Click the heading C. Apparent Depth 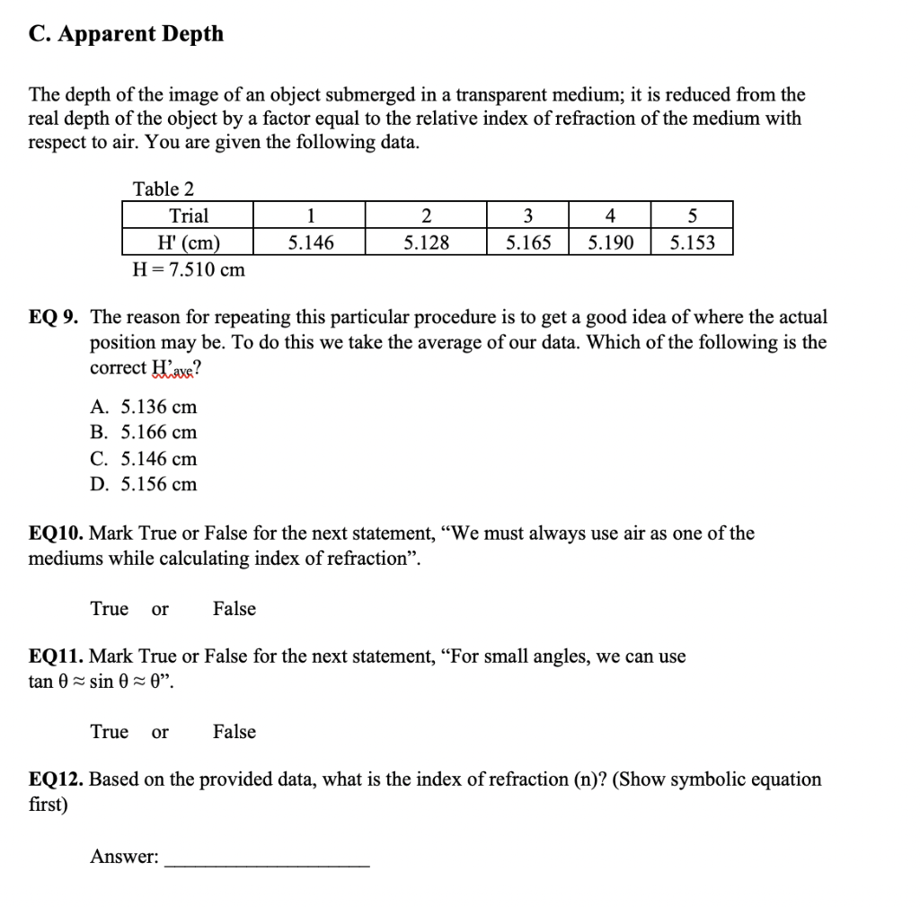pyautogui.click(x=127, y=34)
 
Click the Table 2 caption pyautogui.click(x=164, y=189)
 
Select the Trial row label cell pyautogui.click(x=188, y=216)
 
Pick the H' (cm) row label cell pyautogui.click(x=188, y=242)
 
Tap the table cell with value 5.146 pyautogui.click(x=309, y=242)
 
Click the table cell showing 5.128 pyautogui.click(x=426, y=242)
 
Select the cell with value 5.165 pyautogui.click(x=527, y=242)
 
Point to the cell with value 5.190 pyautogui.click(x=609, y=242)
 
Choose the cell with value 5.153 pyautogui.click(x=692, y=242)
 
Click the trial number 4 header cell pyautogui.click(x=609, y=216)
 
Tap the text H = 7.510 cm pyautogui.click(x=189, y=269)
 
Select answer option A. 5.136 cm pyautogui.click(x=144, y=407)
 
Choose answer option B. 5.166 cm pyautogui.click(x=144, y=433)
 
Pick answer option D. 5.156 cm pyautogui.click(x=144, y=485)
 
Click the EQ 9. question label pyautogui.click(x=57, y=317)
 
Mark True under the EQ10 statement pyautogui.click(x=110, y=609)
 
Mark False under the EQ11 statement pyautogui.click(x=234, y=732)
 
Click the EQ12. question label pyautogui.click(x=57, y=779)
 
